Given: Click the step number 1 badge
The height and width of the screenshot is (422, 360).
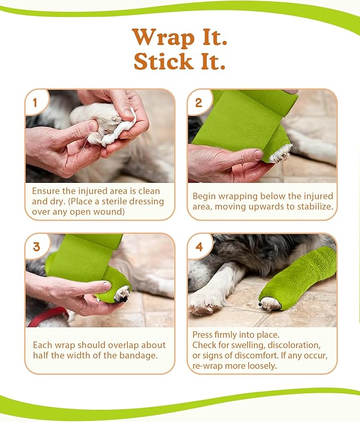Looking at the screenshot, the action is [x=35, y=102].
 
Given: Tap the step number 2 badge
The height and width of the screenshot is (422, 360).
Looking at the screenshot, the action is [x=199, y=102].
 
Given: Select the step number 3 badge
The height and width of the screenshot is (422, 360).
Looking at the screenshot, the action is [x=37, y=247].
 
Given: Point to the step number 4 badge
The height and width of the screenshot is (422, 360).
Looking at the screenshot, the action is [x=199, y=247].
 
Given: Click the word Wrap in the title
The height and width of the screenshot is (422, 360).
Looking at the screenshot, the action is [x=163, y=38].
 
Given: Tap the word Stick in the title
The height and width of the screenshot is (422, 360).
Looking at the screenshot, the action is [x=163, y=61].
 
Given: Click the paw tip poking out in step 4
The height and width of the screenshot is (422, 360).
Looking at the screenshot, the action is [x=269, y=304].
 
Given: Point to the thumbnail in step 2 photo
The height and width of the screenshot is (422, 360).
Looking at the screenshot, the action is [x=258, y=155].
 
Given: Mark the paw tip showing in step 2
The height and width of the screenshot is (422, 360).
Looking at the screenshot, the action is [x=281, y=153].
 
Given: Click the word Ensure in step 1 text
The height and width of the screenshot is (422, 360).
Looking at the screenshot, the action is [x=46, y=191].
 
